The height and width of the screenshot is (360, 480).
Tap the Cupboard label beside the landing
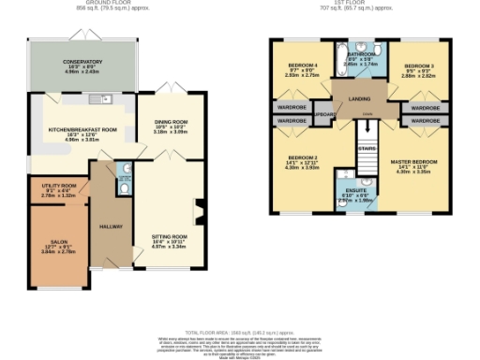point(324,114)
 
